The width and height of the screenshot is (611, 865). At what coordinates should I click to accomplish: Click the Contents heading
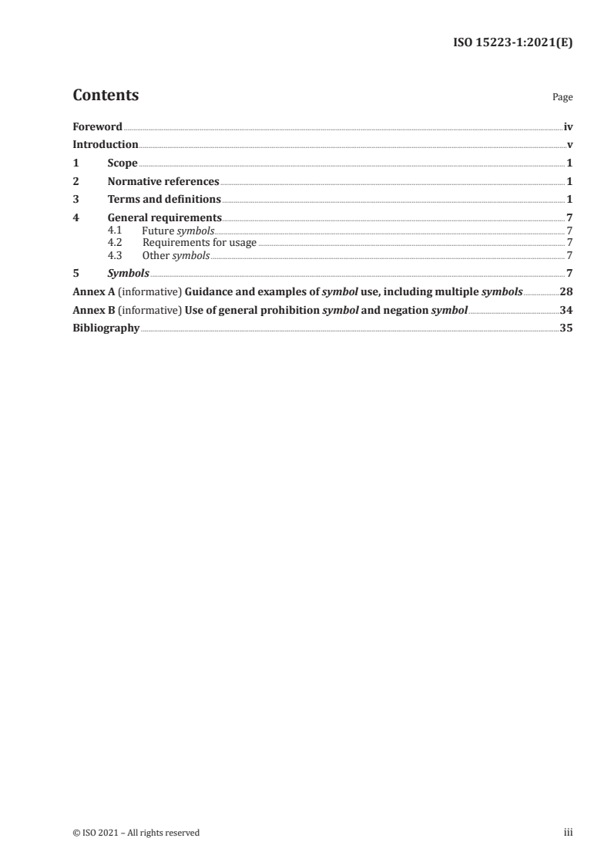point(106,96)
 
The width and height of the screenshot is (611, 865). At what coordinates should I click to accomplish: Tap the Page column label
point(562,98)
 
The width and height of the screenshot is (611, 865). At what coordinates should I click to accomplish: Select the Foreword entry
point(97,126)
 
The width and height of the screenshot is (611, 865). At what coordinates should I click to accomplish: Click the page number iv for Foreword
point(568,126)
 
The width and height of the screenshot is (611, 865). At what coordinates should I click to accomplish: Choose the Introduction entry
point(106,145)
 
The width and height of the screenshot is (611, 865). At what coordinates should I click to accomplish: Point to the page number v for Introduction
point(569,145)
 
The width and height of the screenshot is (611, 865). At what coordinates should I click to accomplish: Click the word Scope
point(123,163)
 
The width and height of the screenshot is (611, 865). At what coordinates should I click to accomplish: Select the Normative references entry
point(163,182)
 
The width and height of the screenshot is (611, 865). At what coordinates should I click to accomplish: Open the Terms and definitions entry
point(164,200)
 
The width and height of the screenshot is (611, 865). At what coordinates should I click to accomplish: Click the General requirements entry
point(165,218)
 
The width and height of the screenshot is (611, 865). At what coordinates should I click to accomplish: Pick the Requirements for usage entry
point(200,243)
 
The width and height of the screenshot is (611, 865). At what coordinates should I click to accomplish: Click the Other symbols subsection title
point(176,255)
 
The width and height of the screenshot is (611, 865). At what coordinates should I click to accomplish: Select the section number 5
point(76,273)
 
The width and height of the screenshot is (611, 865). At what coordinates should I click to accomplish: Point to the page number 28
point(566,291)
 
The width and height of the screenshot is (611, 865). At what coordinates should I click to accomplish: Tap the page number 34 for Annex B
point(566,310)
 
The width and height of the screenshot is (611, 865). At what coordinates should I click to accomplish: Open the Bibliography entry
point(106,328)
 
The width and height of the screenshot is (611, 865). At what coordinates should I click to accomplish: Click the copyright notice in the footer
point(136,833)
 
